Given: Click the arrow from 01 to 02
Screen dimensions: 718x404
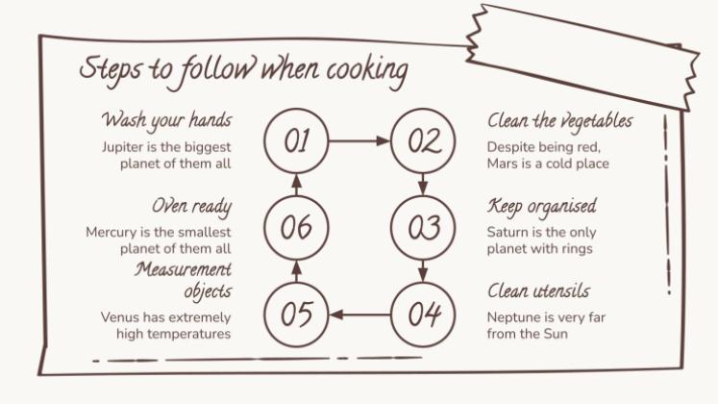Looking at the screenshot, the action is click(359, 140).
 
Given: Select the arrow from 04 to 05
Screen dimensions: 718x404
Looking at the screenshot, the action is click(359, 315).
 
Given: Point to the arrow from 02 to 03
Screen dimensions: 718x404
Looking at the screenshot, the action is click(423, 184).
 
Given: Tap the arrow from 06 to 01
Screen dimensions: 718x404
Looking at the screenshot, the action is click(297, 185).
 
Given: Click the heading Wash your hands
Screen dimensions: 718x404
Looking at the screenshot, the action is click(166, 120).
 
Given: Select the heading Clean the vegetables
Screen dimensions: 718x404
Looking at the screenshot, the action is click(560, 121).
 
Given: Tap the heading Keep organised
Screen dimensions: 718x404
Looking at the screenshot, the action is click(542, 207).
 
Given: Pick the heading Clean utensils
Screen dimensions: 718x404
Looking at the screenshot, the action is click(538, 290).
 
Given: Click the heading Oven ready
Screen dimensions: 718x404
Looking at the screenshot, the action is click(192, 207).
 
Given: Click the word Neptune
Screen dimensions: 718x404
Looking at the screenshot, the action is click(509, 317).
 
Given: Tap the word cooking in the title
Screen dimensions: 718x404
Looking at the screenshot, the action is click(367, 71).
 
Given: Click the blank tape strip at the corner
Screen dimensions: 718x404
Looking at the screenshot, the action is click(582, 57).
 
